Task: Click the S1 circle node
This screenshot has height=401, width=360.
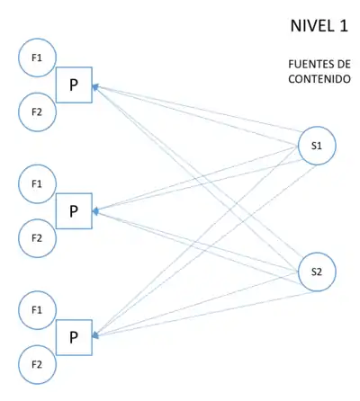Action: coord(317,145)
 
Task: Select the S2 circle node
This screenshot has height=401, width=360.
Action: coord(317,271)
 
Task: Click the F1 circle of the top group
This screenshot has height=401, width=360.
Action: coord(37,58)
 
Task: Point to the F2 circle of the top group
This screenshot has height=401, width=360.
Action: coord(37,112)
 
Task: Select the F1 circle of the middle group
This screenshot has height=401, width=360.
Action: coord(37,183)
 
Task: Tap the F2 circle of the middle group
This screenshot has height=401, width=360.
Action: coord(37,238)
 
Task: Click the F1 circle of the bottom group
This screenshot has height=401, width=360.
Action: coord(37,309)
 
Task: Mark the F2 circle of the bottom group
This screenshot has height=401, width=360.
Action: coord(37,364)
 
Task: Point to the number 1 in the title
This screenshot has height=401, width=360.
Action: coord(343,26)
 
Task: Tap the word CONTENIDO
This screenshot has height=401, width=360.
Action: coord(318,78)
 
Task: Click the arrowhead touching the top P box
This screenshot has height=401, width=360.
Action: coord(95,87)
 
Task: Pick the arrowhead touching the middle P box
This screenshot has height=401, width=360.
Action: coord(95,213)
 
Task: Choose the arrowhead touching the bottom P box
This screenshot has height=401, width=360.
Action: coord(95,336)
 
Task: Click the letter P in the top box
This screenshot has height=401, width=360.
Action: coord(74,86)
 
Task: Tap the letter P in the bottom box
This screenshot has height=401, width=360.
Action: coord(74,338)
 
